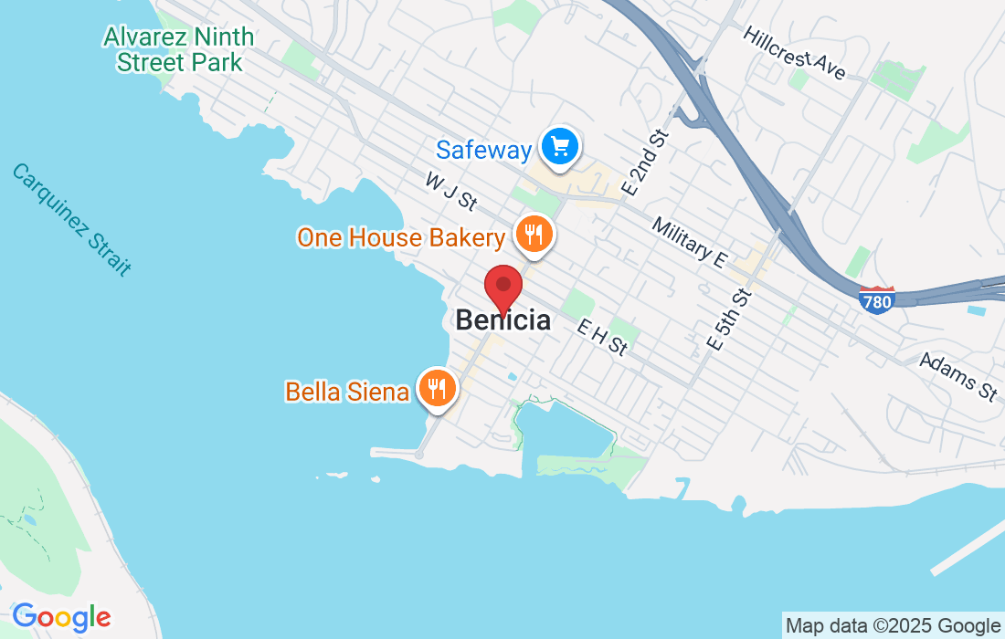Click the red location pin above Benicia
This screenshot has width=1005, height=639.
pyautogui.click(x=503, y=288)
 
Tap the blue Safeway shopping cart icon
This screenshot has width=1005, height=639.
pyautogui.click(x=559, y=146)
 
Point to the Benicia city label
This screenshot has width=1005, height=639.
pyautogui.click(x=503, y=320)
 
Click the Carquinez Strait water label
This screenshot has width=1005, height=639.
pyautogui.click(x=71, y=219)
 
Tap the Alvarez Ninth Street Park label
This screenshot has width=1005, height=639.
pyautogui.click(x=179, y=49)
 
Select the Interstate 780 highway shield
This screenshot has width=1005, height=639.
pyautogui.click(x=877, y=300)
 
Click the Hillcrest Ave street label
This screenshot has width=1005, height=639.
pyautogui.click(x=795, y=52)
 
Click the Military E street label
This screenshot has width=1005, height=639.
pyautogui.click(x=690, y=243)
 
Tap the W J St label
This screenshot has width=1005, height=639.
pyautogui.click(x=451, y=190)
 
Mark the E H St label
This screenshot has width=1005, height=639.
pyautogui.click(x=603, y=336)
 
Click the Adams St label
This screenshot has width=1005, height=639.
pyautogui.click(x=958, y=376)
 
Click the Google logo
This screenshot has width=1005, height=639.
pyautogui.click(x=61, y=617)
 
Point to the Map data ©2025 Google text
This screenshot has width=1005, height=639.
pyautogui.click(x=893, y=625)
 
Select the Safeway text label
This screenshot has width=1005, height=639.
pyautogui.click(x=483, y=149)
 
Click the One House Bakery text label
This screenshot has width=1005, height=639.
pyautogui.click(x=400, y=238)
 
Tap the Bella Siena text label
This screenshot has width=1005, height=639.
pyautogui.click(x=347, y=392)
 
